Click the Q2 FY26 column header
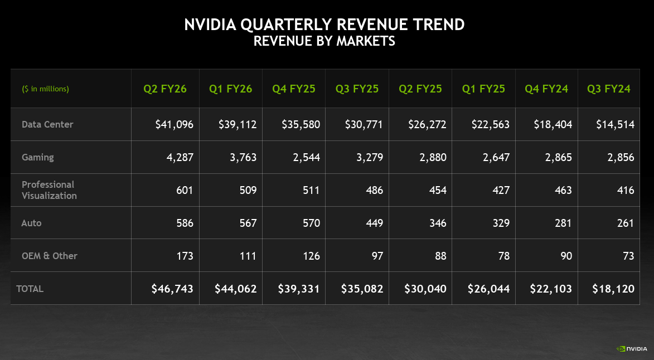tap(165, 89)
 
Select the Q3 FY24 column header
tap(609, 89)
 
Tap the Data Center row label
tap(47, 124)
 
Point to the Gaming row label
tap(38, 157)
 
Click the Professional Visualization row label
tap(49, 190)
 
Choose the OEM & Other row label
tap(50, 256)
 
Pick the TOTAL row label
tap(30, 289)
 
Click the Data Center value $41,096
tap(175, 124)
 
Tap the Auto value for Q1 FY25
tap(500, 223)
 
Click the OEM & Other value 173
tap(183, 256)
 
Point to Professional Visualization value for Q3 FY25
tap(374, 190)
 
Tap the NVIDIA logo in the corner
tap(631, 349)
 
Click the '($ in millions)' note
tap(46, 89)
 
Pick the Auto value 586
tap(183, 223)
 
